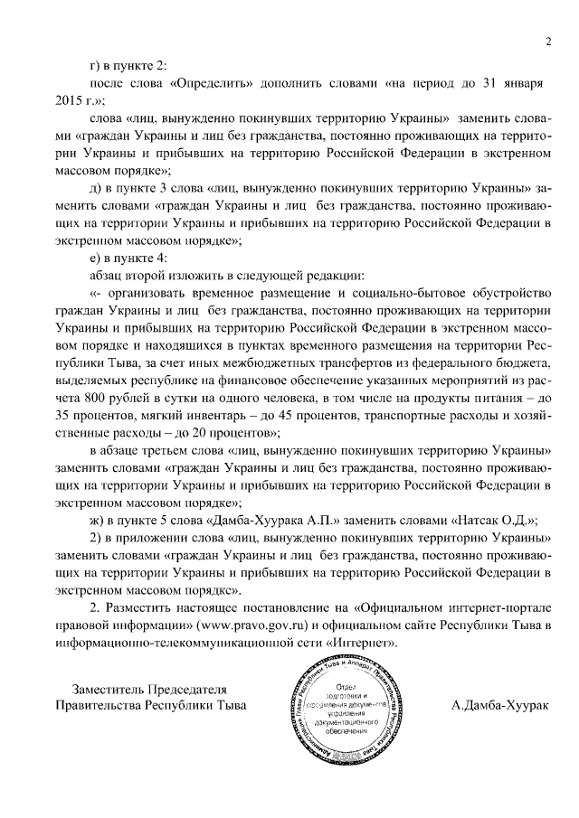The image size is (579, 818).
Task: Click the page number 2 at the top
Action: click(547, 40)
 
